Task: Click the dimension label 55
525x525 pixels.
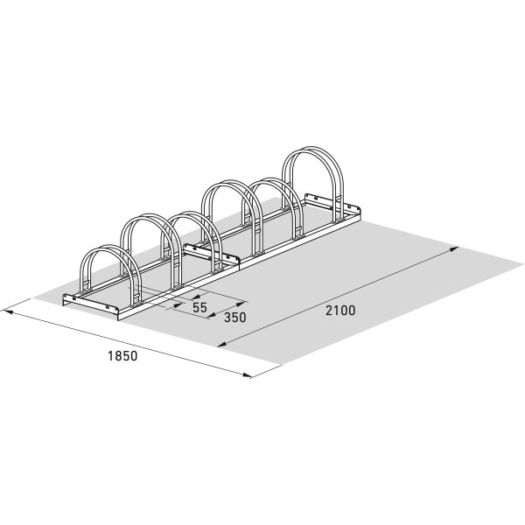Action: [199, 307]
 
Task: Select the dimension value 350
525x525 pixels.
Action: [234, 318]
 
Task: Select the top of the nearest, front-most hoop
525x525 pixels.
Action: [105, 249]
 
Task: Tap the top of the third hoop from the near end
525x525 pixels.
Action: [191, 215]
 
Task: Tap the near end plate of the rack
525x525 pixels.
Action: [93, 305]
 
